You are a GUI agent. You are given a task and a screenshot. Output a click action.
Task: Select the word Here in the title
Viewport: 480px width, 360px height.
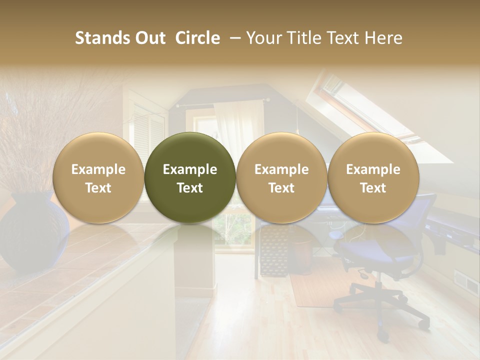point(384,38)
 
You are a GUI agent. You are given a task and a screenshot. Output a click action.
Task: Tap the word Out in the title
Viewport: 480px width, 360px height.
point(150,38)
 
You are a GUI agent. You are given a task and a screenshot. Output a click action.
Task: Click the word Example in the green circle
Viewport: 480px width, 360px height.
point(190,169)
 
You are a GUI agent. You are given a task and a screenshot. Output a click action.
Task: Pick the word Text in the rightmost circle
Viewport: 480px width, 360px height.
point(373,188)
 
